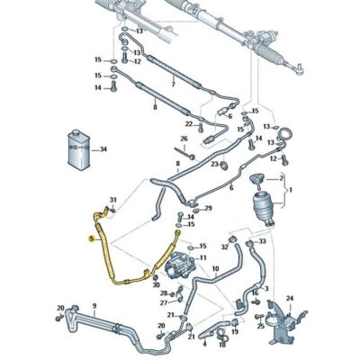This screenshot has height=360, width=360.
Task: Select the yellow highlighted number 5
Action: pyautogui.click(x=91, y=239)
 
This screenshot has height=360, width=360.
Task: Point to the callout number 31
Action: pyautogui.click(x=113, y=200)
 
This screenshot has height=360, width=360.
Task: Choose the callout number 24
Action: pyautogui.click(x=290, y=298)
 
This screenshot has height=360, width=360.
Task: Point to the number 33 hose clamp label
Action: pyautogui.click(x=263, y=241)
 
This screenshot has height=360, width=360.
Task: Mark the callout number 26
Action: pyautogui.click(x=184, y=139)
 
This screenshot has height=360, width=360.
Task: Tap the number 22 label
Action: pyautogui.click(x=190, y=123)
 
